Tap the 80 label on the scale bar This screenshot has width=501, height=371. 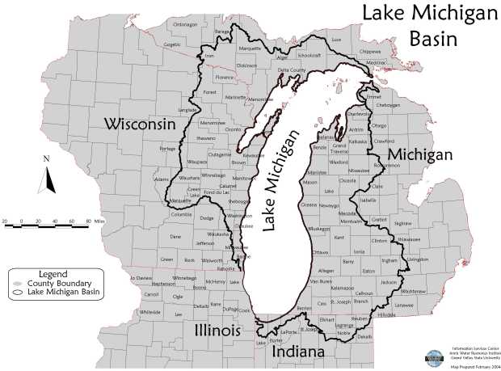tap(86, 219)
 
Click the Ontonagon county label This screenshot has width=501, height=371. tap(185, 25)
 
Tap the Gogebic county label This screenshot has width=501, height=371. tap(172, 44)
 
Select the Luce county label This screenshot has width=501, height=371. tap(337, 39)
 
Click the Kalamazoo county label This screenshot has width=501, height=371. tap(342, 287)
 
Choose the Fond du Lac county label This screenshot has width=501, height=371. tap(216, 192)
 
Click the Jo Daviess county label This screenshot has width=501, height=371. tap(141, 277)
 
